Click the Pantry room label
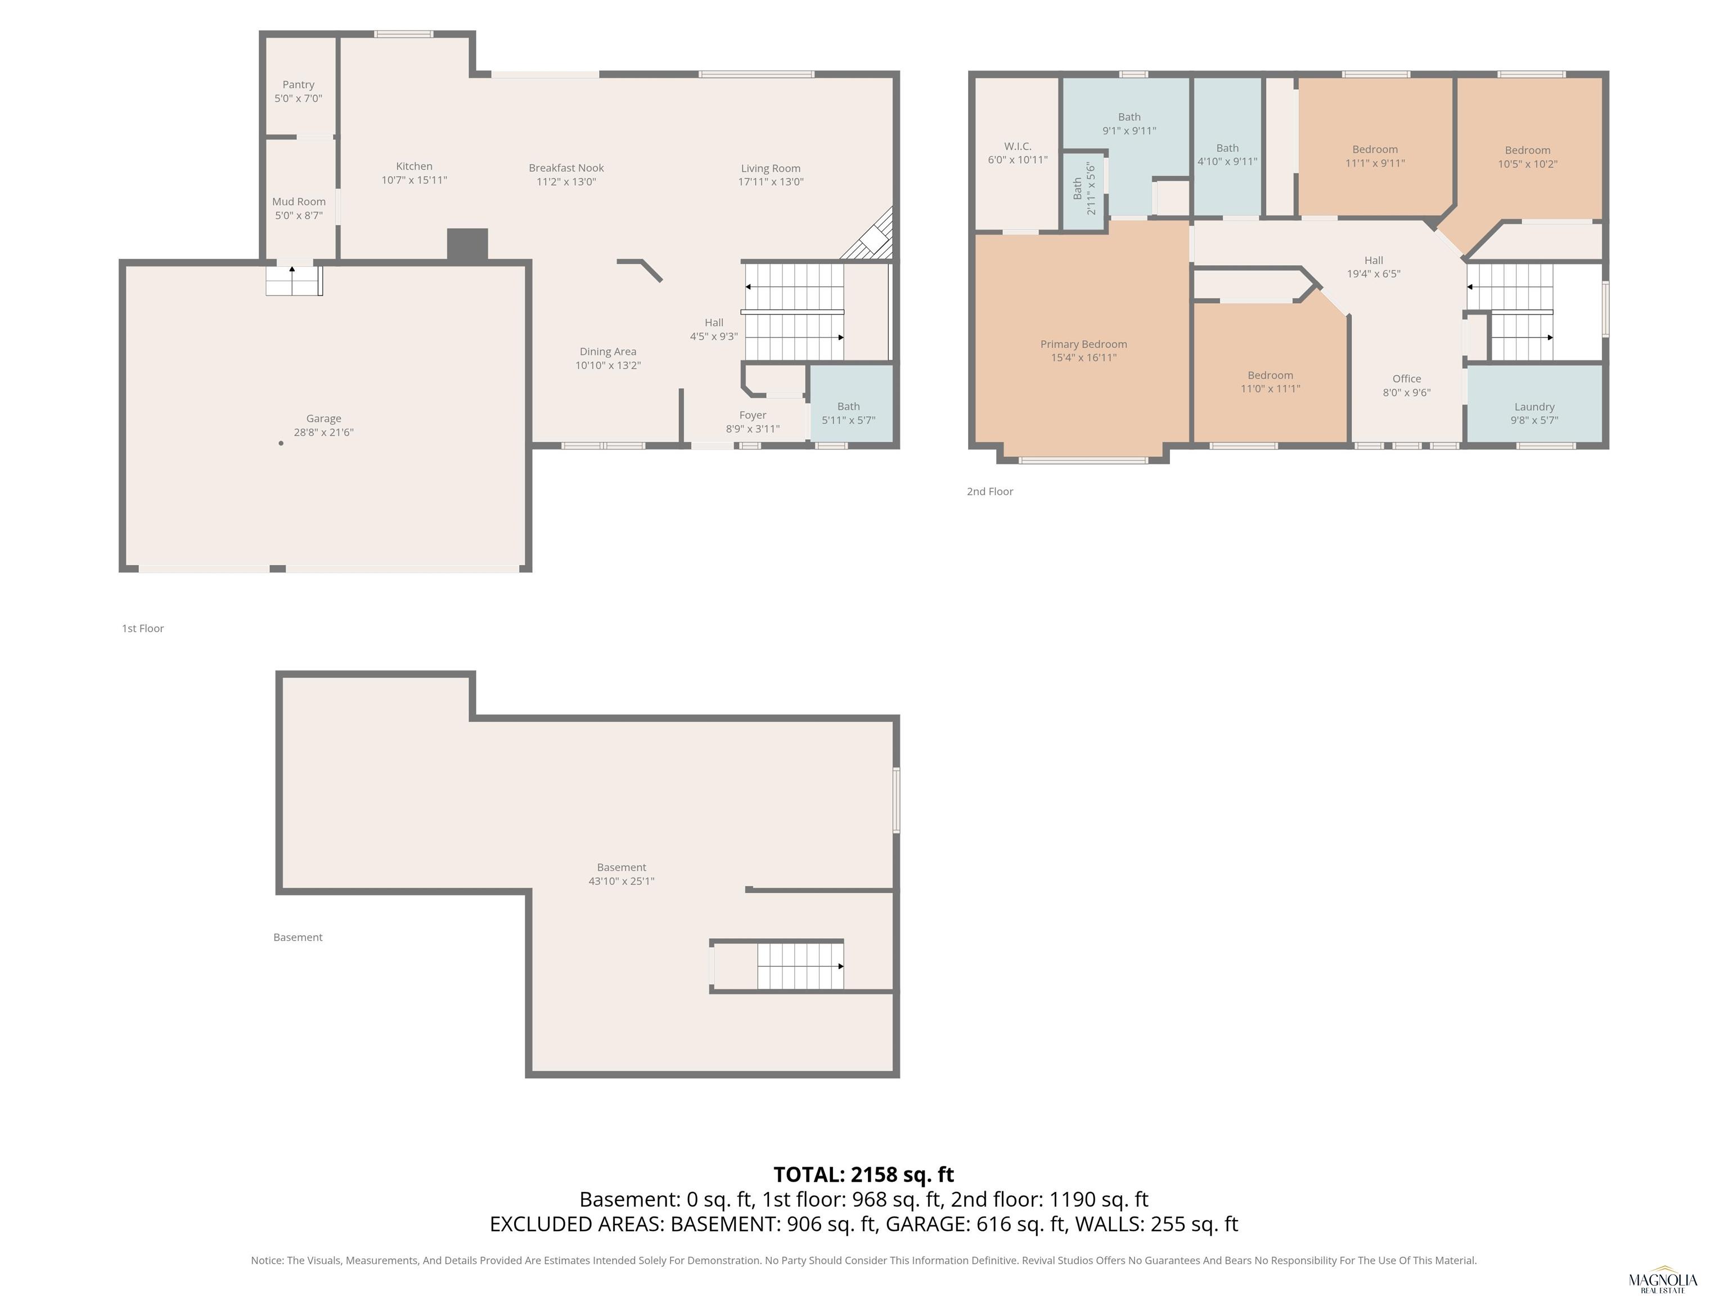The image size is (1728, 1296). click(299, 84)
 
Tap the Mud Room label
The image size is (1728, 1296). click(299, 201)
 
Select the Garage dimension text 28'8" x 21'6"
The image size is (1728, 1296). click(323, 432)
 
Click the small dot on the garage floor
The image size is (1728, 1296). click(281, 443)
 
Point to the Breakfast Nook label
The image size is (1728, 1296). click(566, 168)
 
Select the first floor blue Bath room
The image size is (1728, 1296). click(850, 404)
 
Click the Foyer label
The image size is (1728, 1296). click(752, 415)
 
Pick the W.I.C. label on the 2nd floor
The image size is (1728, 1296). click(1017, 146)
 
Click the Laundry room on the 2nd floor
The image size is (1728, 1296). click(1534, 404)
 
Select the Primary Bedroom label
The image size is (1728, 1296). click(1083, 344)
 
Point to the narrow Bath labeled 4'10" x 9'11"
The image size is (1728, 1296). click(1227, 146)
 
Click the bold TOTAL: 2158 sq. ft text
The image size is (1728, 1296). click(863, 1174)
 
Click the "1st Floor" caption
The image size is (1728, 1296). click(142, 628)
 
